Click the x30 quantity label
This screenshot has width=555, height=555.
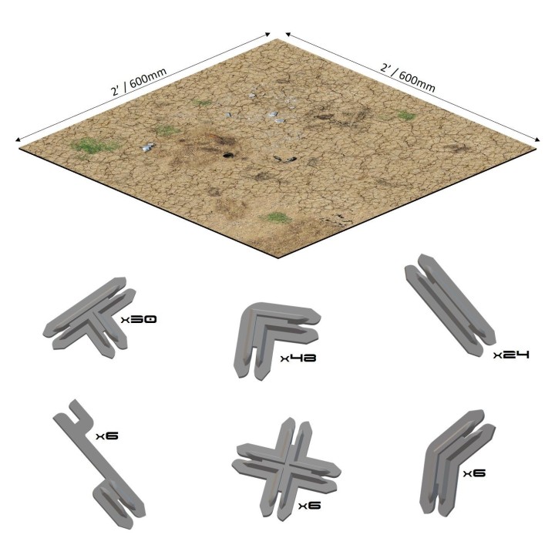click(139, 318)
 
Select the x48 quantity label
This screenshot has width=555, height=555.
click(299, 358)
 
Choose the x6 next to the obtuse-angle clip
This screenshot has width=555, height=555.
click(474, 473)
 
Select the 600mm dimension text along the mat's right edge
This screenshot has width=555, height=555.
click(408, 77)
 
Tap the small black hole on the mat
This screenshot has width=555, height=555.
click(227, 155)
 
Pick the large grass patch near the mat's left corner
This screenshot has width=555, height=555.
click(92, 145)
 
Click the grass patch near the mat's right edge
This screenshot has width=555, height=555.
click(405, 116)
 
